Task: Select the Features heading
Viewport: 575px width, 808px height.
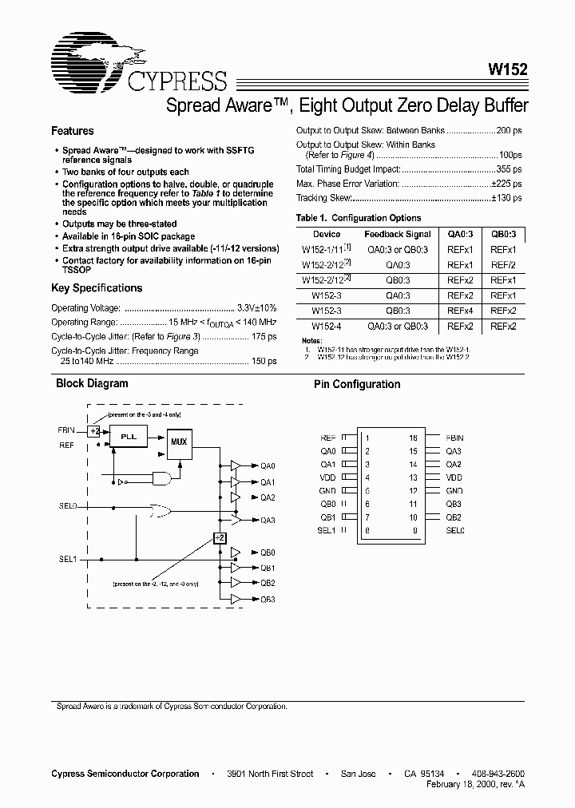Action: pyautogui.click(x=72, y=131)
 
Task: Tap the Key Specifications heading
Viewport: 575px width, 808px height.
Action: pyautogui.click(x=97, y=288)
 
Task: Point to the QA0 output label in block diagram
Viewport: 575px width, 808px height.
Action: pyautogui.click(x=267, y=466)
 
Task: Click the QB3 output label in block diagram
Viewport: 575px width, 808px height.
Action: pyautogui.click(x=267, y=600)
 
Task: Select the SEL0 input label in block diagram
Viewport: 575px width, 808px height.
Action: pyautogui.click(x=68, y=506)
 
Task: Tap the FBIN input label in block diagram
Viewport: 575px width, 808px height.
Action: pyautogui.click(x=66, y=430)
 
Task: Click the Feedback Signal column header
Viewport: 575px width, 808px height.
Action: pyautogui.click(x=398, y=234)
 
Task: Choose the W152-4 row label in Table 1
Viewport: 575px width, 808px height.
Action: pyautogui.click(x=327, y=326)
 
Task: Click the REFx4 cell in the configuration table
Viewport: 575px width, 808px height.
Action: pyautogui.click(x=460, y=311)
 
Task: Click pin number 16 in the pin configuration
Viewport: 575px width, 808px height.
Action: pyautogui.click(x=413, y=438)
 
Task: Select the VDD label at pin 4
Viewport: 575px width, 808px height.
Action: pyautogui.click(x=328, y=477)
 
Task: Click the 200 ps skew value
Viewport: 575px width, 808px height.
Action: pyautogui.click(x=509, y=130)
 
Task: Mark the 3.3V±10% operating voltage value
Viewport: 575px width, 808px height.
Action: pyautogui.click(x=257, y=307)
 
